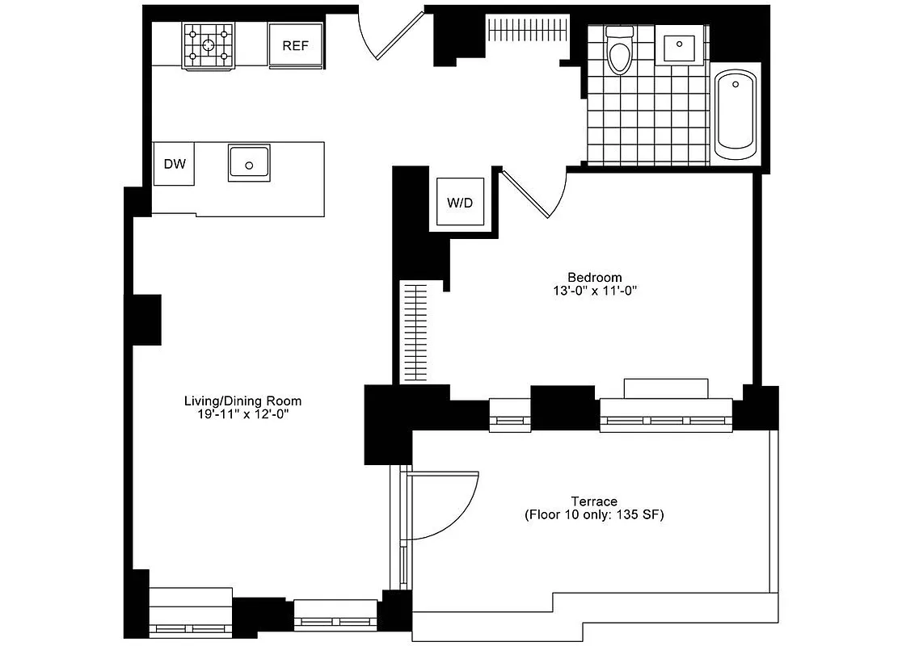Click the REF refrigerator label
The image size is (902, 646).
pyautogui.click(x=295, y=46)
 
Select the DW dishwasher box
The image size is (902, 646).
pyautogui.click(x=175, y=164)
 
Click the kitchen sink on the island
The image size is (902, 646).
pyautogui.click(x=250, y=161)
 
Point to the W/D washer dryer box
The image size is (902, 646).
pyautogui.click(x=460, y=202)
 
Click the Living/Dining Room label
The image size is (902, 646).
pyautogui.click(x=242, y=401)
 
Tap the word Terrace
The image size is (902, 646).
pyautogui.click(x=594, y=501)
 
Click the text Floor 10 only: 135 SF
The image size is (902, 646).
pyautogui.click(x=594, y=515)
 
